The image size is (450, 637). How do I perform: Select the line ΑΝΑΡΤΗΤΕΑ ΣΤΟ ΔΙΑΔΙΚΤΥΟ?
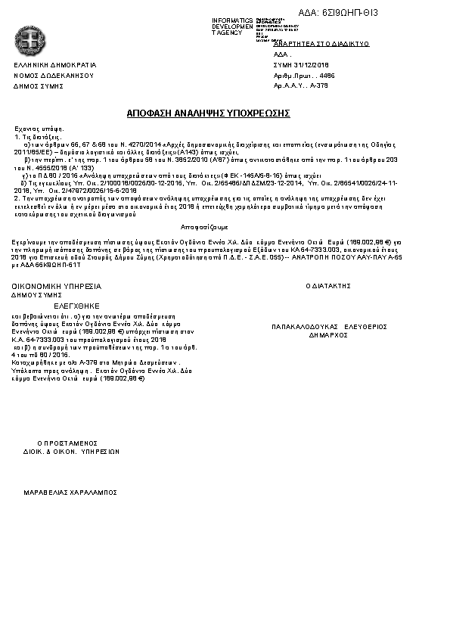tap(321, 45)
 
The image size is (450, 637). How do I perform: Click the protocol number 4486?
tap(327, 76)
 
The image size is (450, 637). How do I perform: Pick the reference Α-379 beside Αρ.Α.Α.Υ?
tap(319, 86)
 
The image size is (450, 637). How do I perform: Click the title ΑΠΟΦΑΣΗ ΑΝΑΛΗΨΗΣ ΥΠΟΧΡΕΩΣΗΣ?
tap(209, 113)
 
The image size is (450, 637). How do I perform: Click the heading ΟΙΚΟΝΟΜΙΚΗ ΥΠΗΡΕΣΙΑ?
tap(56, 287)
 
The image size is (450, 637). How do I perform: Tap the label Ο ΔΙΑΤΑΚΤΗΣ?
tap(328, 287)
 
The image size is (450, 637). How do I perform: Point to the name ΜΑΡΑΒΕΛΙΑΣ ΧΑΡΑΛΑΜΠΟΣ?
tap(70, 491)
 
